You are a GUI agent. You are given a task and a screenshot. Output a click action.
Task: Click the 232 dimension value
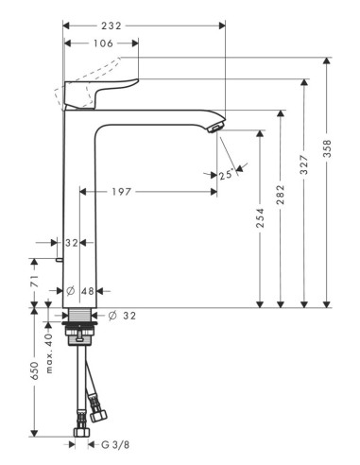[111, 26]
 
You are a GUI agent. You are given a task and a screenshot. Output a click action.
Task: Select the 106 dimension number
[103, 43]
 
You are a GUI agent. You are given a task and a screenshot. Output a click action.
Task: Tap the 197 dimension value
[121, 192]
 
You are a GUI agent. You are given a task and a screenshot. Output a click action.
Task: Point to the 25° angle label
[227, 174]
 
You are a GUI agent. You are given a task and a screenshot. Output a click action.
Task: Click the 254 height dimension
[260, 217]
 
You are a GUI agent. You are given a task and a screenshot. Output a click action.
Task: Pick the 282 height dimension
[280, 195]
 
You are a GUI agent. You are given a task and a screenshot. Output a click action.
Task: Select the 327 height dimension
[303, 164]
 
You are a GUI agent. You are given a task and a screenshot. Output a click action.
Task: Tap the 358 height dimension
[327, 149]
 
